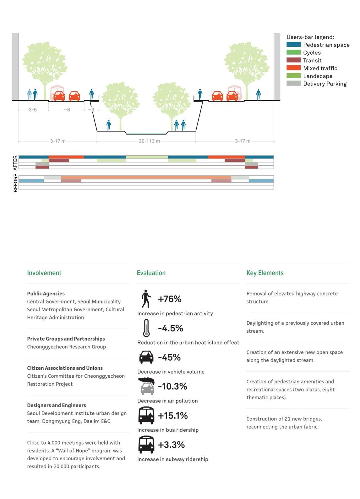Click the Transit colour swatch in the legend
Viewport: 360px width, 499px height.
[293, 60]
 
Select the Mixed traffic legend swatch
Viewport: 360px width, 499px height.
[293, 68]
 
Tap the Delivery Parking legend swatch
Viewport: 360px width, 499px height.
[293, 83]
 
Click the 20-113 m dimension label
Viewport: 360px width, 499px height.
[149, 141]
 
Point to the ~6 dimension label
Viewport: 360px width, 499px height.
[67, 110]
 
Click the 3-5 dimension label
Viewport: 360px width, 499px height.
[33, 110]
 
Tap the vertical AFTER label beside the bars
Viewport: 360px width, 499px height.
[15, 163]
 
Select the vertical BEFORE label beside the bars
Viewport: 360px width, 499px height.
[15, 183]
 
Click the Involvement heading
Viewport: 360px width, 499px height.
[44, 273]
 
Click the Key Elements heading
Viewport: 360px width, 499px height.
[265, 273]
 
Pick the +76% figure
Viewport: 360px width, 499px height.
[170, 299]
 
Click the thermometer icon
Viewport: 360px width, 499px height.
[146, 328]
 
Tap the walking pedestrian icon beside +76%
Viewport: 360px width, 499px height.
[146, 299]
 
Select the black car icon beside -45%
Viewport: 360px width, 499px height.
[146, 357]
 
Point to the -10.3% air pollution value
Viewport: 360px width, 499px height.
[172, 386]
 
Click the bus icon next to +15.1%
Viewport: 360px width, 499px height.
[146, 415]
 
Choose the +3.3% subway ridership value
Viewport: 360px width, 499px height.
[171, 445]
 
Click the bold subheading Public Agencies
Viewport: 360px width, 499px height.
[46, 294]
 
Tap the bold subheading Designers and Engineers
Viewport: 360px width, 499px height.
[57, 405]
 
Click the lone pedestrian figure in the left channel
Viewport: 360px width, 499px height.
[109, 125]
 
